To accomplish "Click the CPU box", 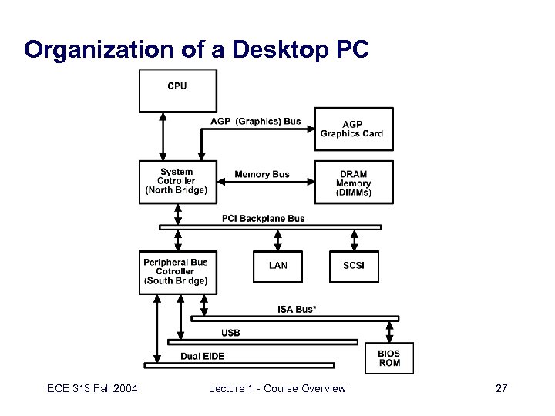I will (177, 90).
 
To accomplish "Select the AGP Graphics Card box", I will (355, 129).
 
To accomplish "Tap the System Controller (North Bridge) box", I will (177, 182).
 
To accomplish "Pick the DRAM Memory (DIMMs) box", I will (355, 183).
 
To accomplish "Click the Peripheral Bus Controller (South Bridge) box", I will (177, 272).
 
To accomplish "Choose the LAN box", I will (278, 266).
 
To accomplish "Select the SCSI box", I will (355, 266).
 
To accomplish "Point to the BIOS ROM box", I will (389, 358).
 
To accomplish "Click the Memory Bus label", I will (262, 174).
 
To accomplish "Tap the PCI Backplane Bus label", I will (264, 218).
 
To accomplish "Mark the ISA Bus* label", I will (297, 309).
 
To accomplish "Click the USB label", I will (230, 333).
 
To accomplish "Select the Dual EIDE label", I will (203, 356).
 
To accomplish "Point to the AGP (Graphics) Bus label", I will (256, 121).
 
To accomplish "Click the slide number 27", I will (501, 388).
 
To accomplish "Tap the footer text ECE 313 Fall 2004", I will (91, 388).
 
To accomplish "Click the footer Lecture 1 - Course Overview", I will (277, 388).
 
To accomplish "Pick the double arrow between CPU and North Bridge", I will (163, 136).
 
